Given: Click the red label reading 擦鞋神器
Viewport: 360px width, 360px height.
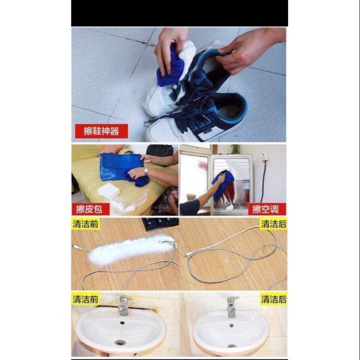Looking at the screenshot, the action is (101, 131).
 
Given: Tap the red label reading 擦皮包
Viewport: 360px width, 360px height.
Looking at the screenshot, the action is (91, 209).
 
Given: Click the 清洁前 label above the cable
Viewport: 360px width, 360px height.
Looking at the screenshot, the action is (85, 224).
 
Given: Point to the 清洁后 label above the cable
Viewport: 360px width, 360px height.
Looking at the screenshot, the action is (274, 224).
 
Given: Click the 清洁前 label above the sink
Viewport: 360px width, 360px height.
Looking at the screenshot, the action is (85, 299).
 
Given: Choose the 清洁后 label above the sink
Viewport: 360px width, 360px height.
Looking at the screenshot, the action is (274, 299).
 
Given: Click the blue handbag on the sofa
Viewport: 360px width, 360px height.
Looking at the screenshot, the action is (121, 166).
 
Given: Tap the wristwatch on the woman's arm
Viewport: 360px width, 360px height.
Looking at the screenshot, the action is (146, 171).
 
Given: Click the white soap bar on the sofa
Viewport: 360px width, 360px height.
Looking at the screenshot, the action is (109, 191).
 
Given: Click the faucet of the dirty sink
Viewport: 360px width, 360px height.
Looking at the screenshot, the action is (124, 305).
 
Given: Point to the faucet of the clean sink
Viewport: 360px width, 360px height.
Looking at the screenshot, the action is (232, 307).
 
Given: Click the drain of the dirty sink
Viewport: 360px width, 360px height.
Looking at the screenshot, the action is (120, 343).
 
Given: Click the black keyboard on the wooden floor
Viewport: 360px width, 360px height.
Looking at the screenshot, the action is (160, 223).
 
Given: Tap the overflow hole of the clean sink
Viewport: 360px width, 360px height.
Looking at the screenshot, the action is (231, 325).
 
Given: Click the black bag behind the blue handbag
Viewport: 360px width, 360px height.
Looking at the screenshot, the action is (160, 152).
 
